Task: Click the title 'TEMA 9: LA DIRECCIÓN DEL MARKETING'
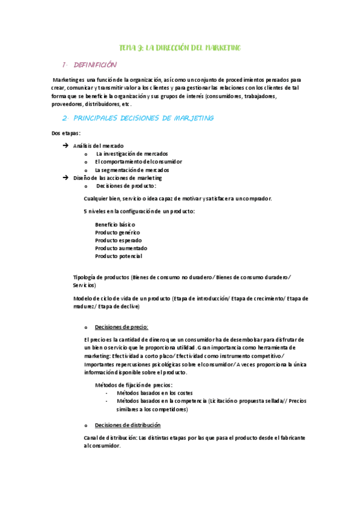pos(180,48)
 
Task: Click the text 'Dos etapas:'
pos(66,133)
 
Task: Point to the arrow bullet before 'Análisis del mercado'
pos(66,146)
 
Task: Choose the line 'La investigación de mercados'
pos(132,153)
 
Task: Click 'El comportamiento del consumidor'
pos(138,162)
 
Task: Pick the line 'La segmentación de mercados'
pos(132,170)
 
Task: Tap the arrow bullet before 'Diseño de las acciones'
pos(66,178)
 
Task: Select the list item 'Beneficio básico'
pos(115,224)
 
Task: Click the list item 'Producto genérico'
pos(117,232)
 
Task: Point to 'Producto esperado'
pos(118,240)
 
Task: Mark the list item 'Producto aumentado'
pos(121,248)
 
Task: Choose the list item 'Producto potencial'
pos(118,256)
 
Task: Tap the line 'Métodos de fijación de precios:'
pos(134,385)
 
